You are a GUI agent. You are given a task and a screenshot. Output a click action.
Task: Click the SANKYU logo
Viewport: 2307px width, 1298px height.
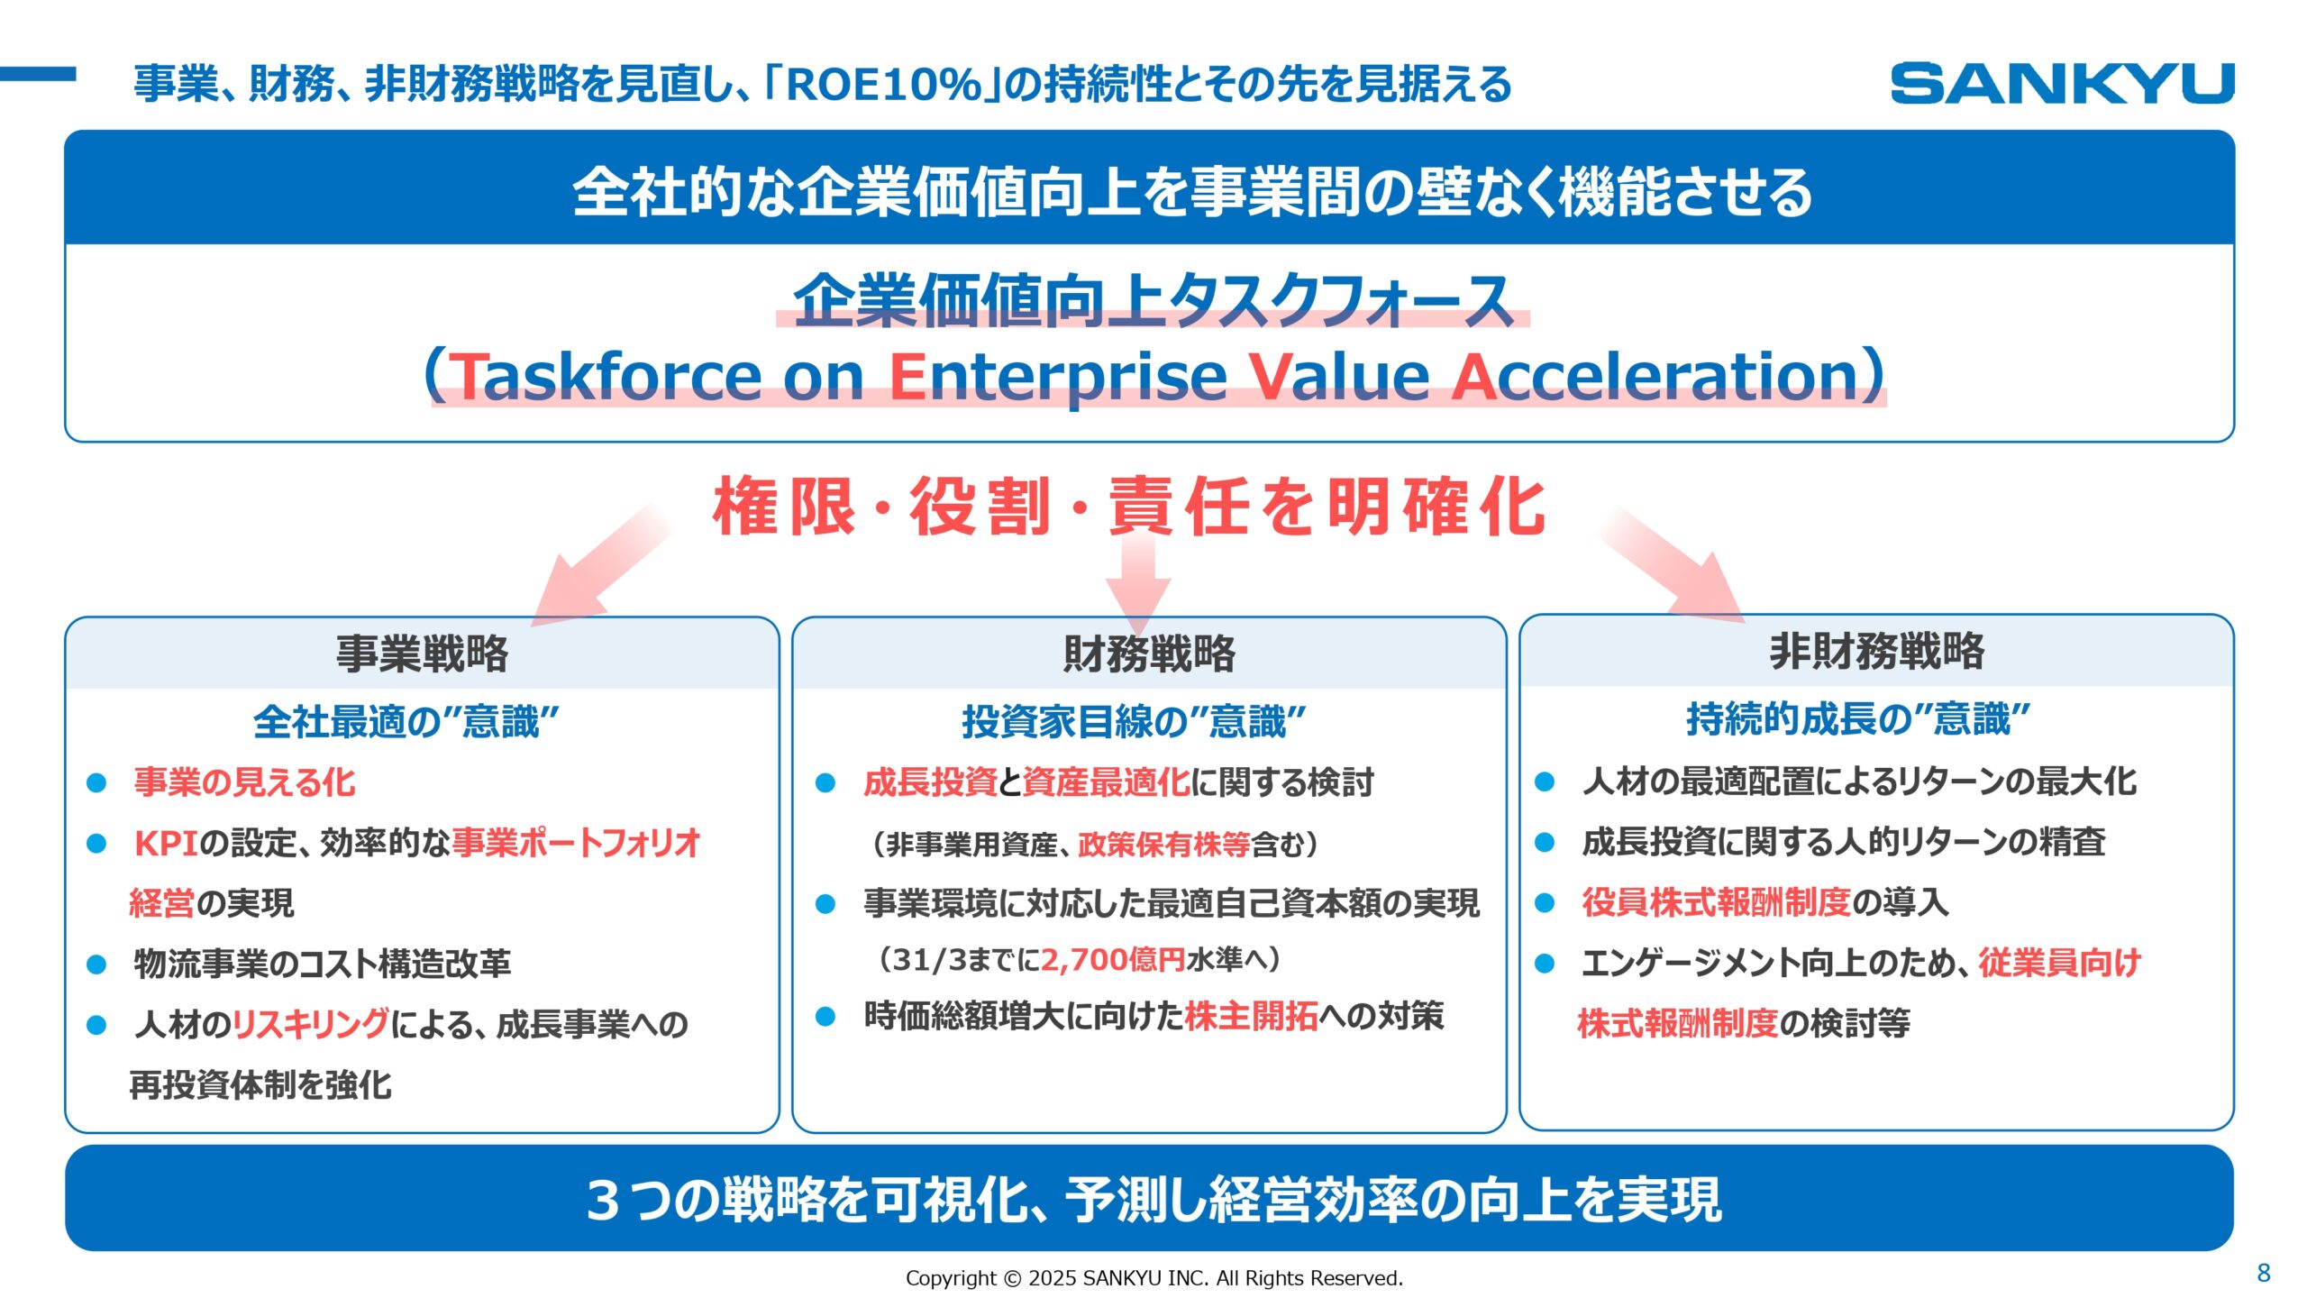[2062, 83]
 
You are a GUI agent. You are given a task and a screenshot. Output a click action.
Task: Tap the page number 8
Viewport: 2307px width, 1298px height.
[2263, 1273]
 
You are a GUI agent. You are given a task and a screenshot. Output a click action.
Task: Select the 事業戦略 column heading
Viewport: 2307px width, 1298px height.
[422, 654]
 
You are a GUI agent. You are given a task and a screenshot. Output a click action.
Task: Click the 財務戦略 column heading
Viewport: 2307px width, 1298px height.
[1149, 654]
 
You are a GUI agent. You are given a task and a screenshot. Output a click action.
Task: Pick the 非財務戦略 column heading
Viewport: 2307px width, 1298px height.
[1876, 651]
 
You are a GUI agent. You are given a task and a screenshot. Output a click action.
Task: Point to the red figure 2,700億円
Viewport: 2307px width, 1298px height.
[1113, 960]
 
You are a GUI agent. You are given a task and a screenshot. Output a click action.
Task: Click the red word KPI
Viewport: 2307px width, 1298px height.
[166, 844]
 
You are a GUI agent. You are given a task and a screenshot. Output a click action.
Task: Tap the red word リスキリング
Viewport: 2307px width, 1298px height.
[311, 1024]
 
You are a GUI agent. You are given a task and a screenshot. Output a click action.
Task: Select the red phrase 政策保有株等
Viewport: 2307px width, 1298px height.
[1163, 845]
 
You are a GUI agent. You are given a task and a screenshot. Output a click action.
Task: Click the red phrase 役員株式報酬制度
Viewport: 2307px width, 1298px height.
[1716, 902]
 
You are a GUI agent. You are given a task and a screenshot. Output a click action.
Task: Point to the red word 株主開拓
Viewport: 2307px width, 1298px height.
[1251, 1016]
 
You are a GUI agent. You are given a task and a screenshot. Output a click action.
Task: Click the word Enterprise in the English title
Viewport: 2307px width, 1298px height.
[1057, 376]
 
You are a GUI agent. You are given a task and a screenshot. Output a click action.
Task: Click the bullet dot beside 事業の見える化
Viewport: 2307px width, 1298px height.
[96, 782]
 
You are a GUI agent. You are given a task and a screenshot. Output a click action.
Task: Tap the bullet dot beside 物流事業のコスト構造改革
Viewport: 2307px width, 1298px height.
[96, 964]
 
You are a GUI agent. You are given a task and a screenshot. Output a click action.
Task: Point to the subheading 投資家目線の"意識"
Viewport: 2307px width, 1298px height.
[1133, 721]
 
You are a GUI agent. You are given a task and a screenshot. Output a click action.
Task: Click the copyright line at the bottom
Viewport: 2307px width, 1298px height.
[1153, 1278]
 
